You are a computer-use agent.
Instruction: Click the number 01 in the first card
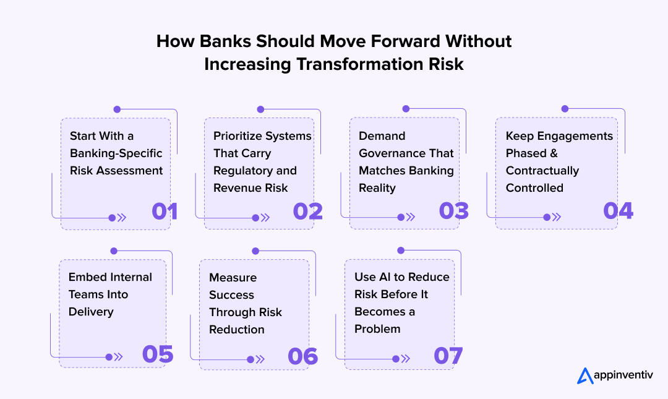point(165,211)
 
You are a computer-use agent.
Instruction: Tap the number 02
point(307,211)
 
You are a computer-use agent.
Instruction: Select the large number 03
point(453,211)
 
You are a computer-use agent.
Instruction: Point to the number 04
point(618,211)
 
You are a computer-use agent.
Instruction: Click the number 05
point(157,354)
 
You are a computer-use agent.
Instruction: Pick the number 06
point(302,356)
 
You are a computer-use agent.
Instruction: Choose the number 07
point(448,356)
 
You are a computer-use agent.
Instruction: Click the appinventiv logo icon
point(584,375)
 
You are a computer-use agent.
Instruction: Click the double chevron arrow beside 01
point(122,218)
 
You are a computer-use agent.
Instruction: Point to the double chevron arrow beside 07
point(406,358)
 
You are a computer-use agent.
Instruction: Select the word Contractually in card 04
point(542,171)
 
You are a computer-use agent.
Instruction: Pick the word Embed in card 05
point(87,277)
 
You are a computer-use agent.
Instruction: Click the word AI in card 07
point(385,277)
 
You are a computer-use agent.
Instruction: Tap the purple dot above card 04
point(565,109)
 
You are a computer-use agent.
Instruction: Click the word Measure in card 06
point(233,278)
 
